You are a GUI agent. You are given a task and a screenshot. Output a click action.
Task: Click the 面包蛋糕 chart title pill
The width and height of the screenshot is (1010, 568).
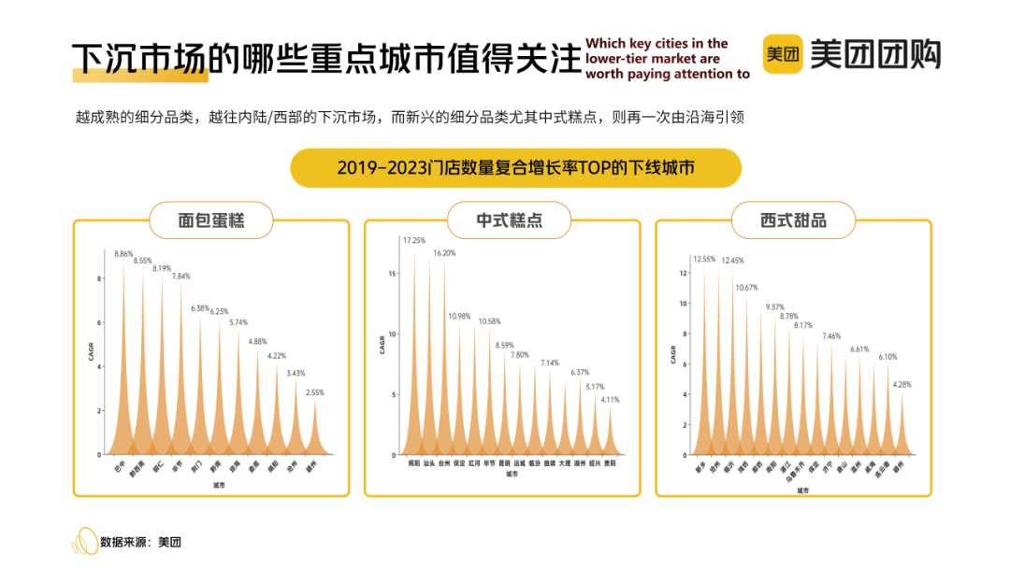click(211, 220)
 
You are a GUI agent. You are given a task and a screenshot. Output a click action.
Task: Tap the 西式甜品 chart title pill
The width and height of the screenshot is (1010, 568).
click(794, 221)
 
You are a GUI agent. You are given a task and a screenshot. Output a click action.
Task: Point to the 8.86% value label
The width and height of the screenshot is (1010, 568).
click(124, 253)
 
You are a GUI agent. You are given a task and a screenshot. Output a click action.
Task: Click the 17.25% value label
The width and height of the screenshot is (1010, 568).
click(414, 240)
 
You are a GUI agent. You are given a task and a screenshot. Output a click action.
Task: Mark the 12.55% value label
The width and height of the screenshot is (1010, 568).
click(704, 259)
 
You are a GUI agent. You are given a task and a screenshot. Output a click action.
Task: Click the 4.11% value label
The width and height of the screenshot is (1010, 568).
click(610, 399)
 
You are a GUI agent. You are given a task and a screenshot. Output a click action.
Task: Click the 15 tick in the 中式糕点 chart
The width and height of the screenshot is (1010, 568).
click(394, 274)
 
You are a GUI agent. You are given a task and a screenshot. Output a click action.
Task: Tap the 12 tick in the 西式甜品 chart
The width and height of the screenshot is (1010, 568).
click(685, 274)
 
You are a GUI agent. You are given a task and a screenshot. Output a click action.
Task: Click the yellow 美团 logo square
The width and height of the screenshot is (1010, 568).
click(783, 54)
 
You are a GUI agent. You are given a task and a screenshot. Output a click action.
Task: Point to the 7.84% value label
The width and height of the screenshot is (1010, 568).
click(181, 276)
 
